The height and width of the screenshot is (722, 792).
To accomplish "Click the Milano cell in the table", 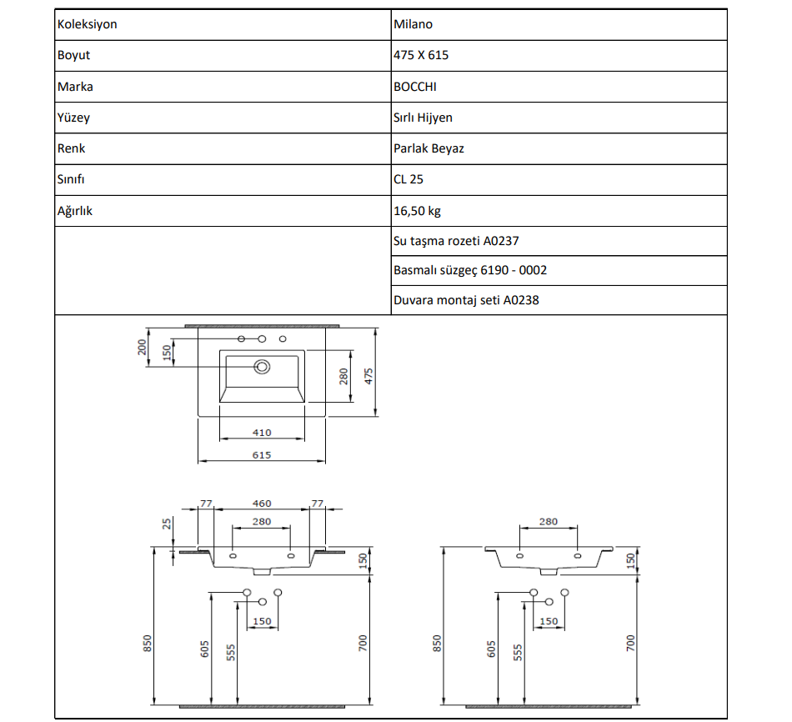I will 414,24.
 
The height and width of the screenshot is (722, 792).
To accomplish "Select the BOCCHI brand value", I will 414,87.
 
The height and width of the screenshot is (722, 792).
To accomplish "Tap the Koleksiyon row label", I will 87,24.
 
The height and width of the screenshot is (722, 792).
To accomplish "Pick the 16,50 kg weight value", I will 417,211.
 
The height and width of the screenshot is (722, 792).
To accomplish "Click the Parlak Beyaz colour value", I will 429,148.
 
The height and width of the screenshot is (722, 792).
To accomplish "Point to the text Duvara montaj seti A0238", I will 466,300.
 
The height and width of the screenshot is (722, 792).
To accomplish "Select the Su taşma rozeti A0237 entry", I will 456,241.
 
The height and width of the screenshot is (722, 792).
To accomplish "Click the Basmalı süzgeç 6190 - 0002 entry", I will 470,270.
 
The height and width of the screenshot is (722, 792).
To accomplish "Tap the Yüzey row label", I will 73,118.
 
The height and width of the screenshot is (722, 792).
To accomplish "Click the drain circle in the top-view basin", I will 263,366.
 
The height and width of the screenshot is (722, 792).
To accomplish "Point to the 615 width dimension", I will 262,454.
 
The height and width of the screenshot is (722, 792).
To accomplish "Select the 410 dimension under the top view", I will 262,433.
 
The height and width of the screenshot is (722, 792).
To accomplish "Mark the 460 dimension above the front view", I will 262,504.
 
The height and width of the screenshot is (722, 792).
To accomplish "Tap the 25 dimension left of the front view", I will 166,524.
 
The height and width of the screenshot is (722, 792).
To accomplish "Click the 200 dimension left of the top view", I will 143,347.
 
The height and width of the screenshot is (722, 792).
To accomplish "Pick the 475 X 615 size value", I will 422,55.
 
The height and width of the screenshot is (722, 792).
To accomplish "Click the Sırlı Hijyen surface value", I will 423,118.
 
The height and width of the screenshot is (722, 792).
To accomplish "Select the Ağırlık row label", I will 75,211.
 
